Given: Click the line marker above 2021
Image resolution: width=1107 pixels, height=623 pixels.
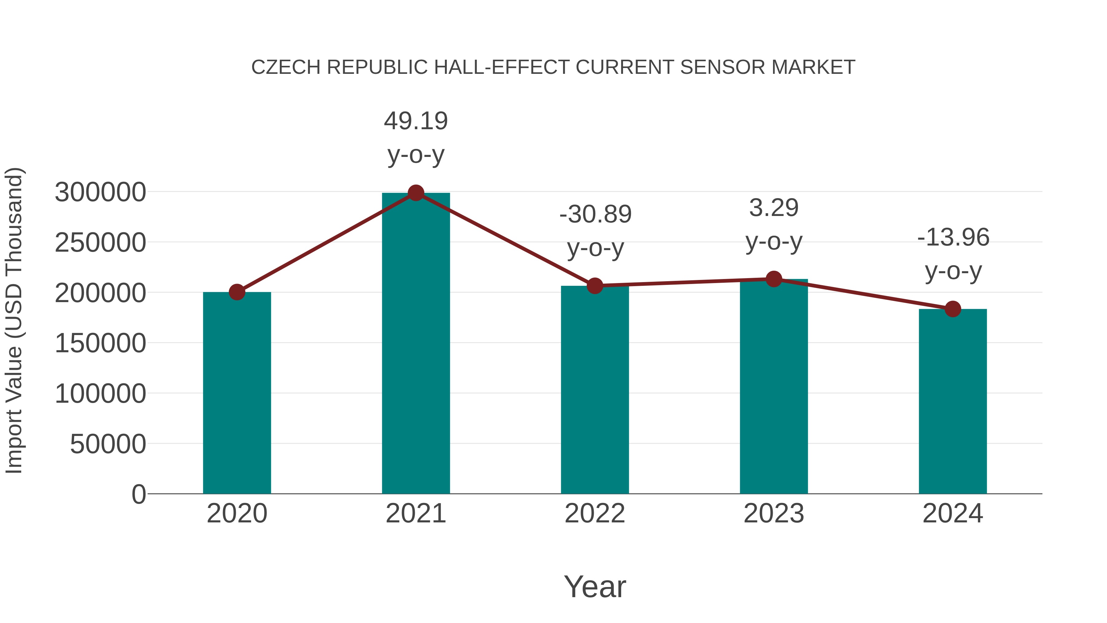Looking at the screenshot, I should coord(415,193).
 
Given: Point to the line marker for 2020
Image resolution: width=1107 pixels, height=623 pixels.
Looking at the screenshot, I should coord(237,292).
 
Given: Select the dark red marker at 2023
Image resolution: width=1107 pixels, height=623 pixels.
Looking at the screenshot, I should coord(774,279).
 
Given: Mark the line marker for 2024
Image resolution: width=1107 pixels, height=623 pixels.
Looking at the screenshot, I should coord(953,309).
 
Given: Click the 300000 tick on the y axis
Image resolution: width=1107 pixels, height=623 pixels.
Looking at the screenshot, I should coord(100,192).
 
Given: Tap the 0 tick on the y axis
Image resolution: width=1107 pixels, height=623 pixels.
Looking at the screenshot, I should coord(138,494).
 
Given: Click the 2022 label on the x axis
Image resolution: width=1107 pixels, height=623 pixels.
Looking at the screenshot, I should coord(595,513).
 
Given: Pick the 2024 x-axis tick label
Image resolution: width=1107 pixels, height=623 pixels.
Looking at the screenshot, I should coord(953,513).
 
